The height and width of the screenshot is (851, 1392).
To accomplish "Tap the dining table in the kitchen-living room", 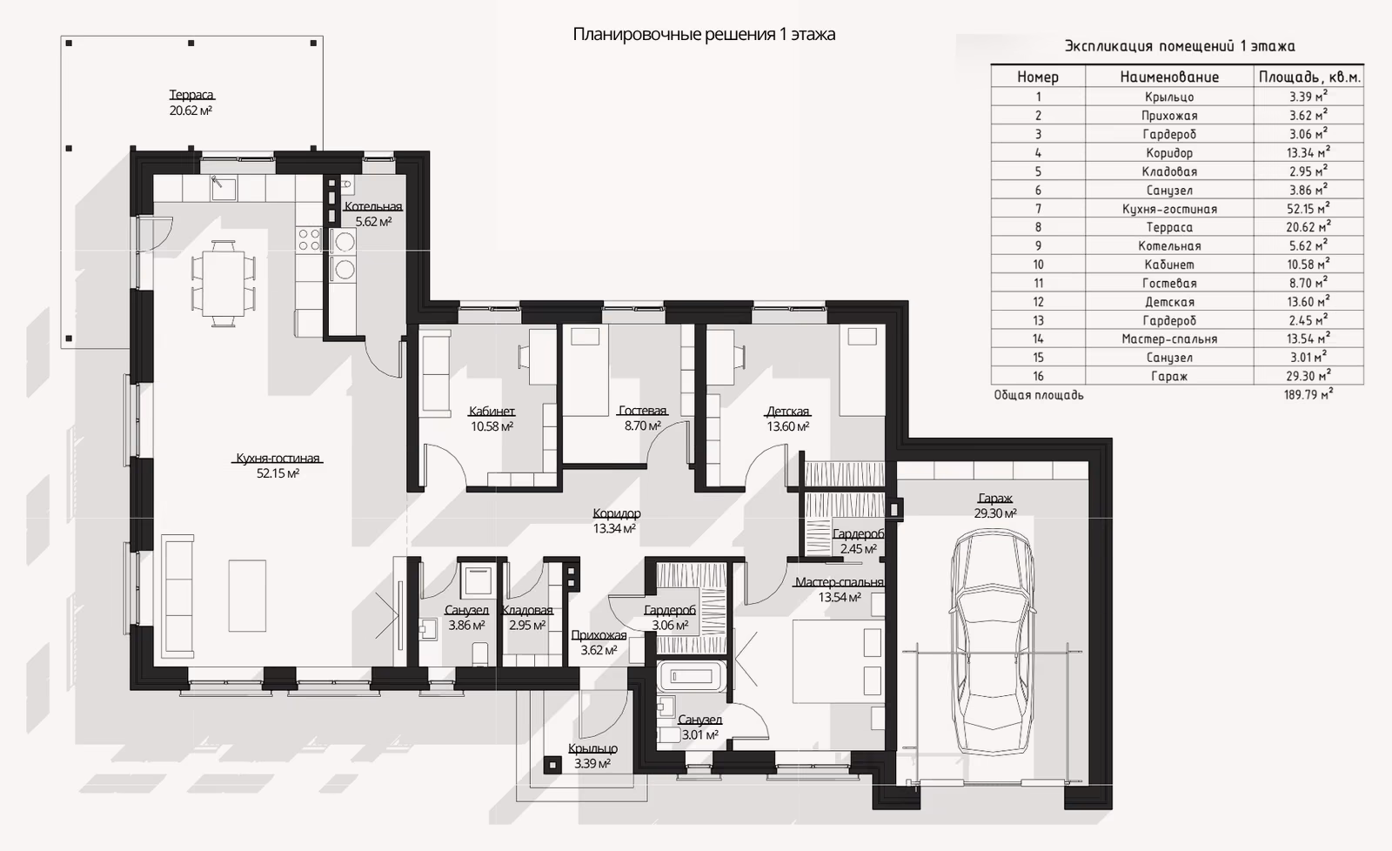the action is click(x=223, y=283).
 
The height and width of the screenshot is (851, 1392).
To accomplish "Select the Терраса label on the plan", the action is click(x=191, y=95).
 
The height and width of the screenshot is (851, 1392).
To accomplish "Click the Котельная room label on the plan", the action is click(x=373, y=206).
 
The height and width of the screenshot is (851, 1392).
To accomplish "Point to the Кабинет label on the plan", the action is click(x=492, y=411).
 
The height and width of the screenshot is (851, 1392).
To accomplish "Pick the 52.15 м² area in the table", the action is click(x=1308, y=208).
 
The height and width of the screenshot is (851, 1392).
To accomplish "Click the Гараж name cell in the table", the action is click(x=1169, y=376).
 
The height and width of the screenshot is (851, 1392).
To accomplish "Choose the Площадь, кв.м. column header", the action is click(x=1309, y=77).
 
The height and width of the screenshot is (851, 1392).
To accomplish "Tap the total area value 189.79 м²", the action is click(x=1308, y=395).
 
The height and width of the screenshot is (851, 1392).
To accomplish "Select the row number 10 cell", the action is click(x=1038, y=265).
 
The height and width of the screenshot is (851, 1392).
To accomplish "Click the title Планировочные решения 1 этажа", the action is click(x=704, y=34).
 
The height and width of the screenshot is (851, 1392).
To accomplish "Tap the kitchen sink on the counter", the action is click(x=223, y=188).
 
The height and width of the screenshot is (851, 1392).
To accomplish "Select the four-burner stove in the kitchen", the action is click(x=309, y=240).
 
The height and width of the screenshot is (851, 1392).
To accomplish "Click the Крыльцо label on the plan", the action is click(x=592, y=748).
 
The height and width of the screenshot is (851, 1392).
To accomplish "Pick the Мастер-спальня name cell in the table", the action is click(x=1169, y=338).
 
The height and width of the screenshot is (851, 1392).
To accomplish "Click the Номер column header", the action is click(x=1038, y=77).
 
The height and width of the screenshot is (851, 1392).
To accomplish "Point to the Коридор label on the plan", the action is click(x=617, y=513).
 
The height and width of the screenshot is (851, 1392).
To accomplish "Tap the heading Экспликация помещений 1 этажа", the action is click(x=1180, y=46).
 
